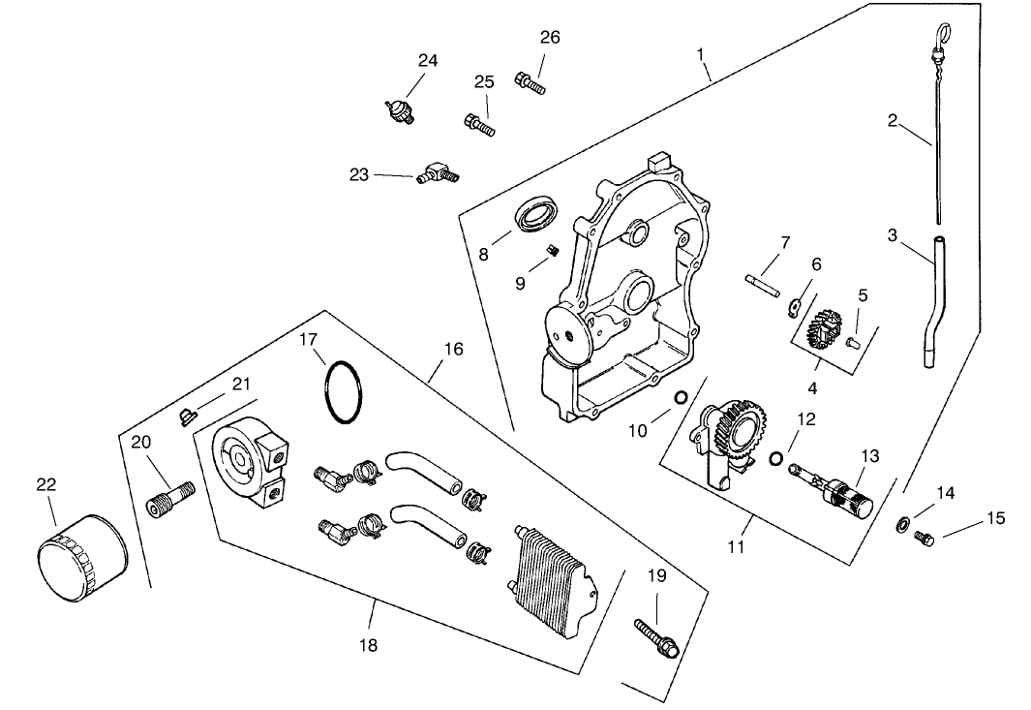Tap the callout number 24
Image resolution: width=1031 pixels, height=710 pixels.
(428, 60)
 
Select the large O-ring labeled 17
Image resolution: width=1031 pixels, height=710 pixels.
(343, 393)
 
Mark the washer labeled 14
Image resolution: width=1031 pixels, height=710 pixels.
(903, 523)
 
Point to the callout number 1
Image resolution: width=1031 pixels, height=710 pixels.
(700, 56)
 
